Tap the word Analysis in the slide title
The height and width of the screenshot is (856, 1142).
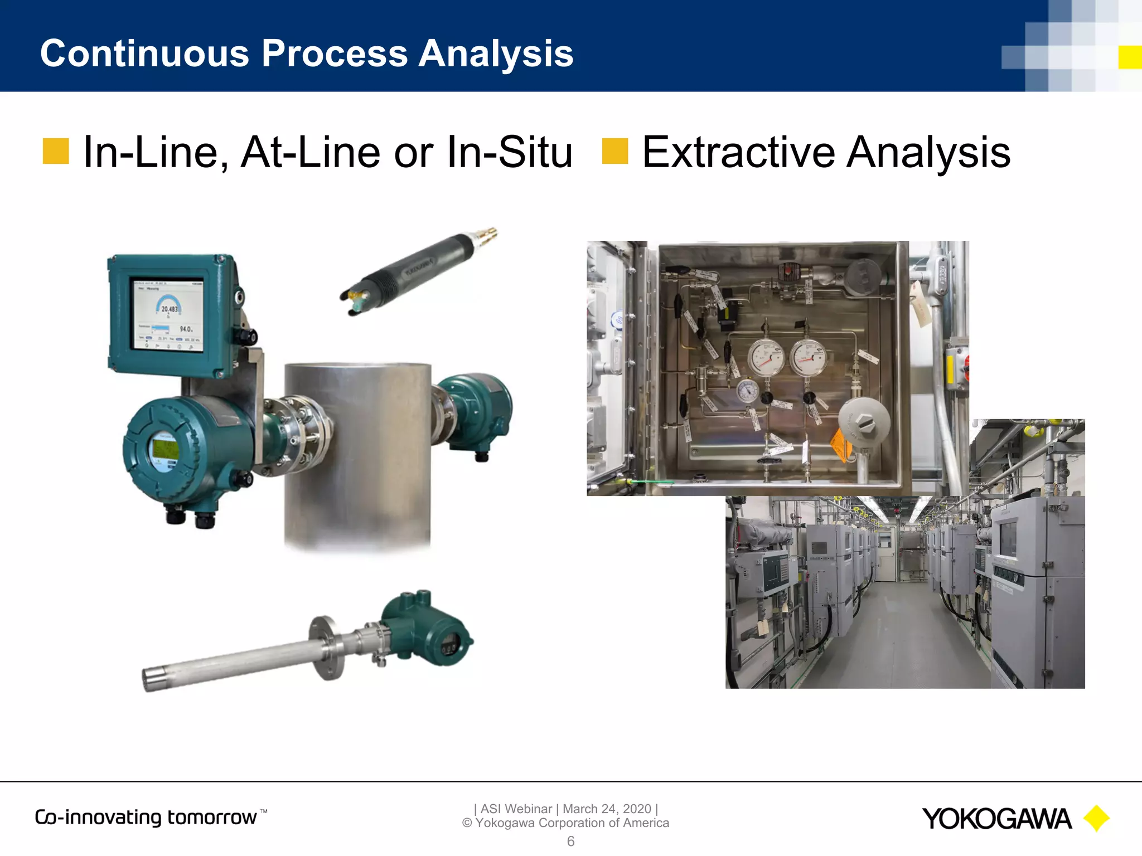496,53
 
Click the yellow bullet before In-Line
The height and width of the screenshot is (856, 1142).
56,152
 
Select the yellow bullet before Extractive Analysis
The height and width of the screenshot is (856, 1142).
615,152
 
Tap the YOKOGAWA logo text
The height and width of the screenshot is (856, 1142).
996,819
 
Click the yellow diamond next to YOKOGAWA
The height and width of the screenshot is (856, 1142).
1096,819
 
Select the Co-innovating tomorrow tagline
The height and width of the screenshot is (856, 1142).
146,818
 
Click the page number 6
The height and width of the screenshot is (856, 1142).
570,842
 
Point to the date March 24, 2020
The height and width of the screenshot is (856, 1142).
607,809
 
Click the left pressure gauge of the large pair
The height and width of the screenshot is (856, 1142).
766,357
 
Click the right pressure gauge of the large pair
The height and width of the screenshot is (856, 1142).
807,357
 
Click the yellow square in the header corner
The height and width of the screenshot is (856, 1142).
1130,57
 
